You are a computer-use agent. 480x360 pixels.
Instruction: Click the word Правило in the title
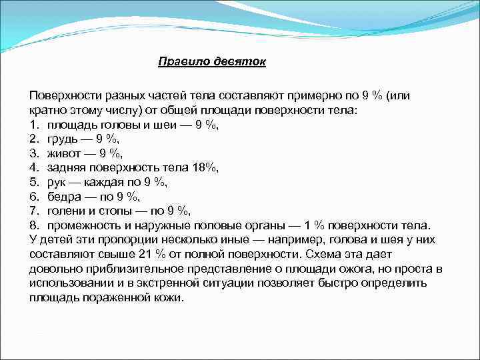pyautogui.click(x=181, y=62)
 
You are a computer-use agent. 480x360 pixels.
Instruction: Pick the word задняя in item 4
pyautogui.click(x=66, y=167)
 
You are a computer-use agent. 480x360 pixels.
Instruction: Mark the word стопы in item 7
pyautogui.click(x=110, y=211)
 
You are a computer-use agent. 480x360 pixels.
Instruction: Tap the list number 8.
pyautogui.click(x=33, y=225)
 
